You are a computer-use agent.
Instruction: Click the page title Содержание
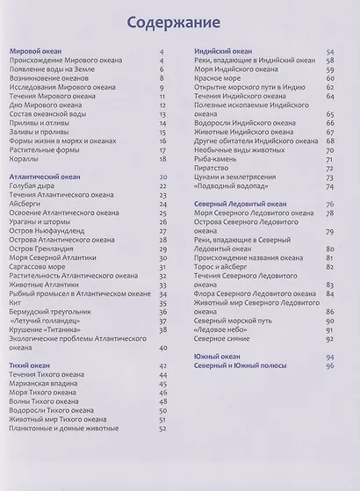(x=180, y=24)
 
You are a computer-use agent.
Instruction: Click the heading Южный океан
(x=216, y=356)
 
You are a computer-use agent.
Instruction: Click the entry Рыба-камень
(x=219, y=159)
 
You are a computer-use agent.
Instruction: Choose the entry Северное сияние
(x=227, y=338)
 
